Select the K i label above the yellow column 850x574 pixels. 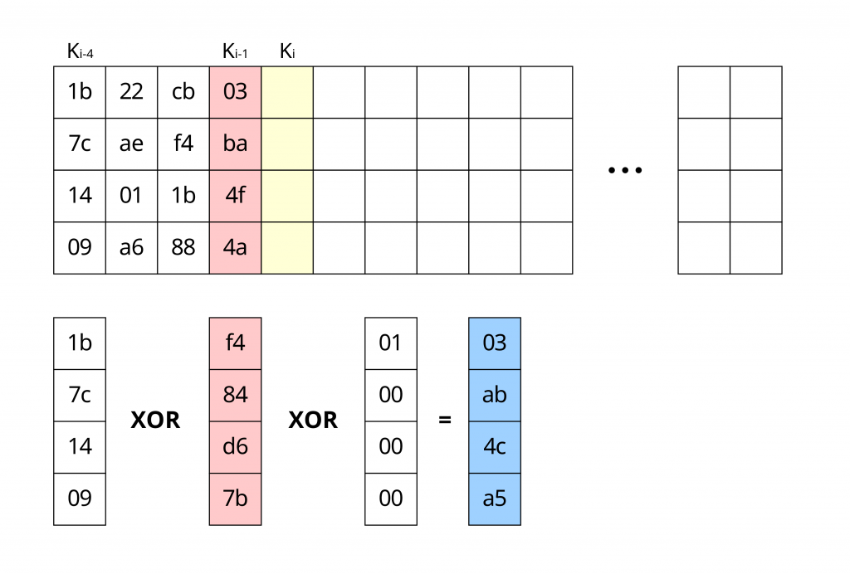pyautogui.click(x=287, y=52)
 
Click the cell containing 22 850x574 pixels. pyautogui.click(x=131, y=92)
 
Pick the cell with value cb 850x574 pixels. pyautogui.click(x=183, y=92)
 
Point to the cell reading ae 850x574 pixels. pyautogui.click(x=131, y=143)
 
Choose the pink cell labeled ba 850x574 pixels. pyautogui.click(x=236, y=143)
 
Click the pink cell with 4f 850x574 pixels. pyautogui.click(x=236, y=196)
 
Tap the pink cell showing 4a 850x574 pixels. pyautogui.click(x=236, y=247)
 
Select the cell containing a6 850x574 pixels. pyautogui.click(x=131, y=247)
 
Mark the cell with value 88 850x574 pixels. pyautogui.click(x=183, y=247)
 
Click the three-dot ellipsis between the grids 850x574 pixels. pyautogui.click(x=625, y=171)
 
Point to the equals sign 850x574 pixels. pyautogui.click(x=445, y=421)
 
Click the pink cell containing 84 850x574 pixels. pyautogui.click(x=235, y=395)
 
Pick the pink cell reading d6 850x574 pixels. pyautogui.click(x=235, y=446)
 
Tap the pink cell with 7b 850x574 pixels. pyautogui.click(x=235, y=499)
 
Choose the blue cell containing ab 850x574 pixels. pyautogui.click(x=495, y=395)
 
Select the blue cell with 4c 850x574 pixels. pyautogui.click(x=495, y=446)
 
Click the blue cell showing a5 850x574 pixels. pyautogui.click(x=495, y=499)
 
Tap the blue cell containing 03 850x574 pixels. pyautogui.click(x=495, y=343)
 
